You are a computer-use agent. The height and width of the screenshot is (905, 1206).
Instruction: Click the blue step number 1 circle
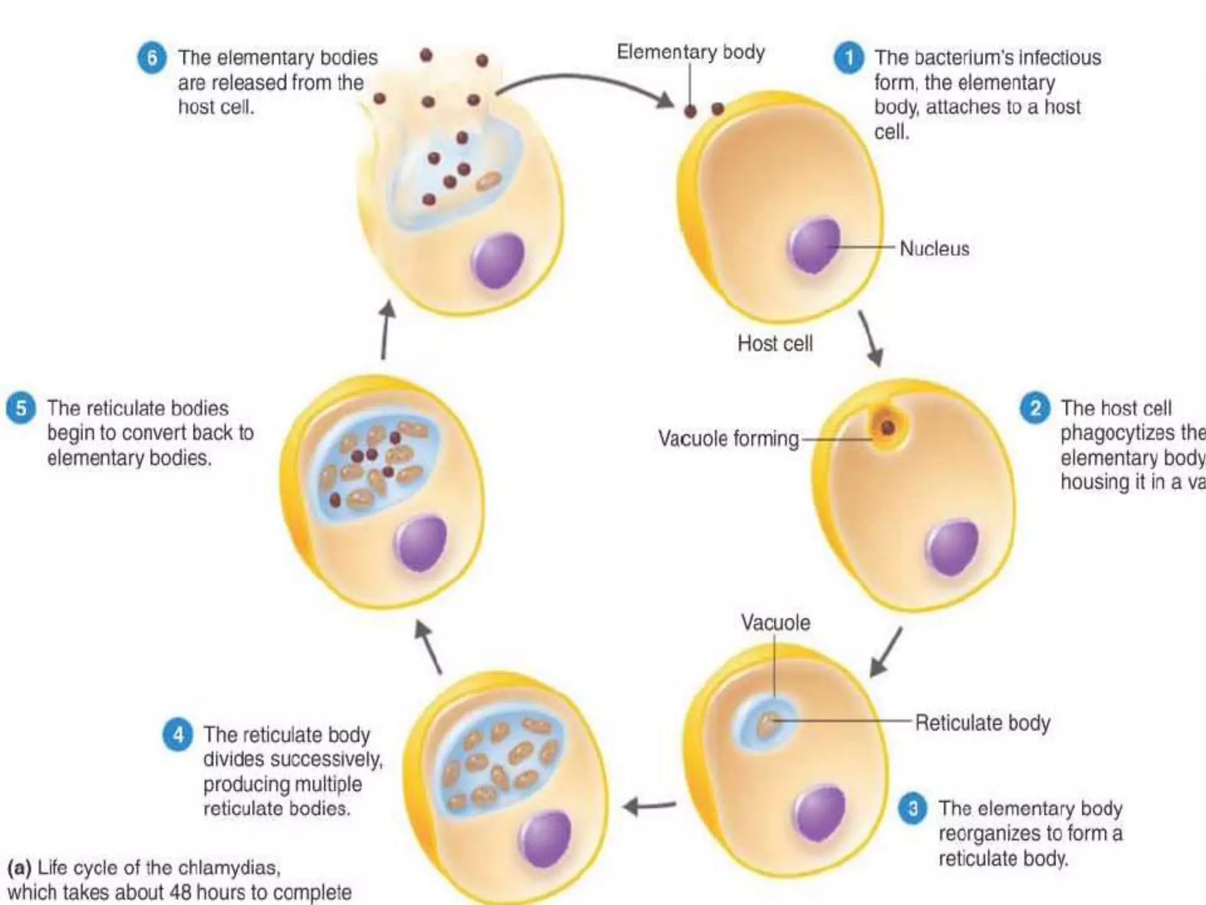pyautogui.click(x=849, y=58)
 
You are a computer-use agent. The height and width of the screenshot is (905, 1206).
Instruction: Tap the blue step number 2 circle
pyautogui.click(x=1035, y=408)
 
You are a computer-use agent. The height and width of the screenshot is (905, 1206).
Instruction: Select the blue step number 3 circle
pyautogui.click(x=913, y=809)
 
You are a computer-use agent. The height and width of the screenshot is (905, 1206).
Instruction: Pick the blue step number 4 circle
pyautogui.click(x=178, y=735)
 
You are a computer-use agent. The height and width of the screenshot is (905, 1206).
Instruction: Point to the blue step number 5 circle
pyautogui.click(x=21, y=408)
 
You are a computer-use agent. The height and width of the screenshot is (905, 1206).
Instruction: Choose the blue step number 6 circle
pyautogui.click(x=152, y=58)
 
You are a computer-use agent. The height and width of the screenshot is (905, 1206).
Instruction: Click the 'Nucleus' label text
pyautogui.click(x=934, y=249)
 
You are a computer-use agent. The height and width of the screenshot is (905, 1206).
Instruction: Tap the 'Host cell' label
pyautogui.click(x=775, y=343)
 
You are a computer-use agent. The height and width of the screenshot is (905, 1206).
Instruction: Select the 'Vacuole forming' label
pyautogui.click(x=728, y=438)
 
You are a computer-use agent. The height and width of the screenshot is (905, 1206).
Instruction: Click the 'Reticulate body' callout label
pyautogui.click(x=982, y=722)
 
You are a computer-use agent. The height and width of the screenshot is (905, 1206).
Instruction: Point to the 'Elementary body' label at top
pyautogui.click(x=691, y=52)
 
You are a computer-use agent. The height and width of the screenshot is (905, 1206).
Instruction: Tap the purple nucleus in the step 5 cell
pyautogui.click(x=421, y=542)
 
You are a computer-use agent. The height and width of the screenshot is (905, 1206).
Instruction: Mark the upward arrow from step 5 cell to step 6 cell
pyautogui.click(x=385, y=330)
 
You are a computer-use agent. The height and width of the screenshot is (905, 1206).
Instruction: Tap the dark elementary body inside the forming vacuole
pyautogui.click(x=887, y=428)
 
